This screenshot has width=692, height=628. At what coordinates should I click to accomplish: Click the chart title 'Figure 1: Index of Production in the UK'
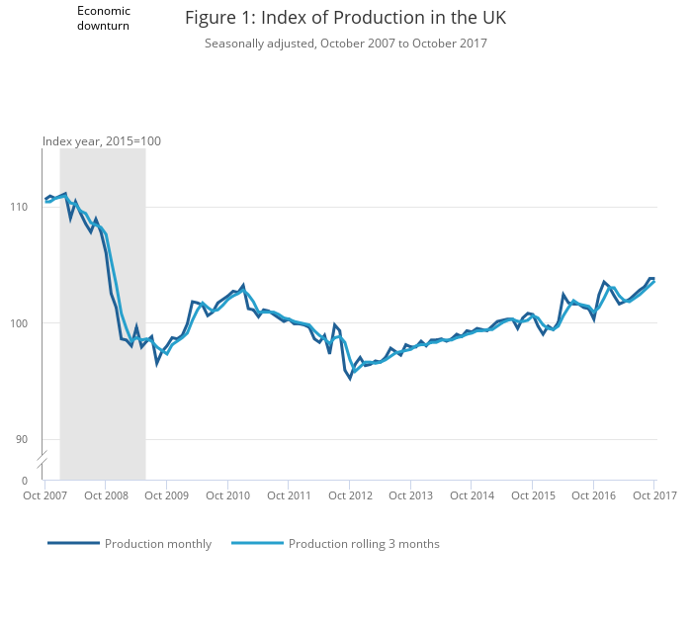[345, 18]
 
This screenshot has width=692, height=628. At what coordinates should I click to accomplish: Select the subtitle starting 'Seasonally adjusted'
[345, 44]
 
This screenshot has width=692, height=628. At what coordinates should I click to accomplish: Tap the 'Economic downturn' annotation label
[104, 18]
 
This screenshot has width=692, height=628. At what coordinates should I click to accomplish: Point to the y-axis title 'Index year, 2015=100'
[102, 141]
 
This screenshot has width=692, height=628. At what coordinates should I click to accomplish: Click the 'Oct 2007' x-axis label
[46, 495]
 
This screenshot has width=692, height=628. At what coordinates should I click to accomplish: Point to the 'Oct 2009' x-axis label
[168, 495]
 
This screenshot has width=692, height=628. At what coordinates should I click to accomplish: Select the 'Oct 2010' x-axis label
[228, 495]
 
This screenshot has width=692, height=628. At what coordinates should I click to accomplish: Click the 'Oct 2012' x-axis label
[350, 495]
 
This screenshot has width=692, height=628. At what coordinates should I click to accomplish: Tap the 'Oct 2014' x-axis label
[472, 495]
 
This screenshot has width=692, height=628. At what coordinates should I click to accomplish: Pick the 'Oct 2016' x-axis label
[592, 495]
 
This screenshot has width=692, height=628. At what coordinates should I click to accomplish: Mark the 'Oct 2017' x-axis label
[653, 495]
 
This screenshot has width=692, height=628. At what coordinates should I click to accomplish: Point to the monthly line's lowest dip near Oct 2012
[350, 378]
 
